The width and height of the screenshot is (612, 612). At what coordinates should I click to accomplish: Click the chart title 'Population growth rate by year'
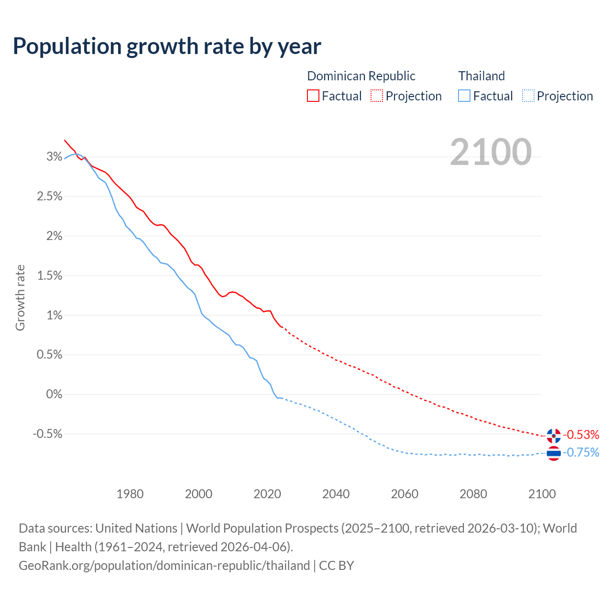167,46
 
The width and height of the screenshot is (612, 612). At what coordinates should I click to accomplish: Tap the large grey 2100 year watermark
491,152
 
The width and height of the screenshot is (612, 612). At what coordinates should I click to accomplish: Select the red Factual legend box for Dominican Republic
313,96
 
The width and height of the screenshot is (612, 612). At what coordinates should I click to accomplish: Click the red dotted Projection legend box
377,96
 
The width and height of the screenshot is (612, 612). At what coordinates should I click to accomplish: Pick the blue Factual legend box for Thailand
464,96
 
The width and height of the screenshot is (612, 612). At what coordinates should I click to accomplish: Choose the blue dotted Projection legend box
528,96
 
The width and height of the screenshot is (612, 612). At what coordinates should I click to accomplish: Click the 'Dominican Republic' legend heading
361,76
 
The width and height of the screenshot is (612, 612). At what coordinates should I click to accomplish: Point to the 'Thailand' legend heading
481,76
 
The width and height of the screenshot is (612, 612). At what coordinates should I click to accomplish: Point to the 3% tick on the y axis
55,156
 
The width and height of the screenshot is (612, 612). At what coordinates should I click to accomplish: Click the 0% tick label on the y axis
55,394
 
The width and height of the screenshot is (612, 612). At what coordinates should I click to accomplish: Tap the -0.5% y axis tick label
48,434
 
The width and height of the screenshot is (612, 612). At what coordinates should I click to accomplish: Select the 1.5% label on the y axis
50,275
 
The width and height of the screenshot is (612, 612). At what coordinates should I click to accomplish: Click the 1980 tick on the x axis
130,494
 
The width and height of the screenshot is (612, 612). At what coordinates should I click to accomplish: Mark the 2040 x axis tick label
336,494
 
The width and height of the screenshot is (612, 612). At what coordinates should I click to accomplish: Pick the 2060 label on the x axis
404,494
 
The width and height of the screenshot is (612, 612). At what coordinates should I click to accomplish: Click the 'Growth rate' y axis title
20,297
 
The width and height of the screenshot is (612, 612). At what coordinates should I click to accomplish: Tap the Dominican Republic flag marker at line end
554,436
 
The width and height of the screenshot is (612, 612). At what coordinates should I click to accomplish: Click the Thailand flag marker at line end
554,453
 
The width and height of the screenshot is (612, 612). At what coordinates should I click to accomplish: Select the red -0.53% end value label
581,435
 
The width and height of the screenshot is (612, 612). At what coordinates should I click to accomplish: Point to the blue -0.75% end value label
581,452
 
